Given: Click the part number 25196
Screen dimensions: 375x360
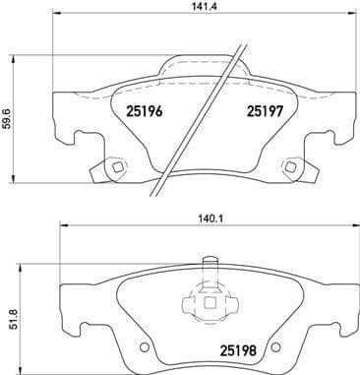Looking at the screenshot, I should [x=146, y=112].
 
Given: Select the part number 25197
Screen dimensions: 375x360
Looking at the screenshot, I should [x=264, y=112].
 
